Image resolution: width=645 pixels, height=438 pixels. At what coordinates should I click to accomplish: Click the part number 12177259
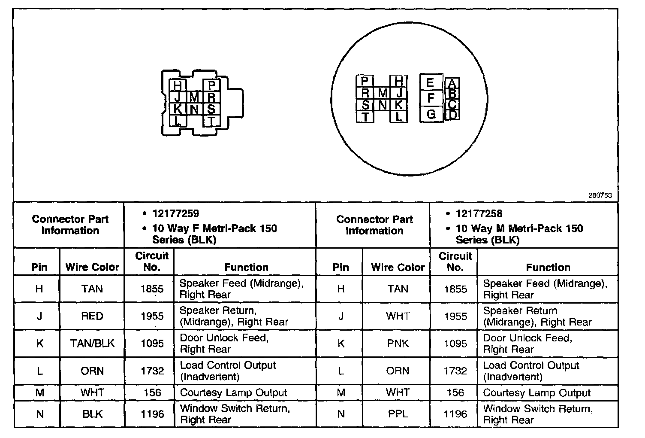tap(175, 213)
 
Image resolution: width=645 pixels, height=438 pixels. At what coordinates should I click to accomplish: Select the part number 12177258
tap(479, 213)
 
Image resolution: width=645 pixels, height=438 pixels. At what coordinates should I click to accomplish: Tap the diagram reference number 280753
tap(600, 195)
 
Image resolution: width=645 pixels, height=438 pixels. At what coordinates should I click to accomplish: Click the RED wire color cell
tap(92, 316)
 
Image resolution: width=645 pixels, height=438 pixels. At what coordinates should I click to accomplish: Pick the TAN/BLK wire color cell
tap(92, 344)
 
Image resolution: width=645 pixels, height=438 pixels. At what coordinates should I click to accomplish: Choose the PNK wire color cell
tap(398, 344)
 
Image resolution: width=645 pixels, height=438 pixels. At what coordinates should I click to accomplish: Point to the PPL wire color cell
tap(398, 414)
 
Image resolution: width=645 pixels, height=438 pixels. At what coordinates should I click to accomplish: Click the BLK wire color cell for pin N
tap(92, 414)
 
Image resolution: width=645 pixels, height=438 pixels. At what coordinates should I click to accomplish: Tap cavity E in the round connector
tap(431, 82)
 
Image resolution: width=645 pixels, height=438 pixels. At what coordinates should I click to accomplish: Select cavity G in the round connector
tap(431, 114)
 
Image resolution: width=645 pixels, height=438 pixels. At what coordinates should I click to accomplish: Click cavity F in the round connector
tap(431, 98)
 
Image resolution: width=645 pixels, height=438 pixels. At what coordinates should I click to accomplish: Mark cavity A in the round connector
tap(452, 83)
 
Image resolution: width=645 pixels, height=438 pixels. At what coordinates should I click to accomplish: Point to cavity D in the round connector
tap(452, 115)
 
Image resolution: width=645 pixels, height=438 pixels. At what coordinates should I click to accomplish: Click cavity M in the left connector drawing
tap(194, 97)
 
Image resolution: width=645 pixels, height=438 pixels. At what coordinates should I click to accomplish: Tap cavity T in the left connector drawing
tap(211, 122)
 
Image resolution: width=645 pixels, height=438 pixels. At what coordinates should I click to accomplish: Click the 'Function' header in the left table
tap(246, 267)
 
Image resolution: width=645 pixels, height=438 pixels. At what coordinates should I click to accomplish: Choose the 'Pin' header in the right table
tap(341, 267)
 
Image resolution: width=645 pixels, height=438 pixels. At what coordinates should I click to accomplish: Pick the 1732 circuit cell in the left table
tap(152, 371)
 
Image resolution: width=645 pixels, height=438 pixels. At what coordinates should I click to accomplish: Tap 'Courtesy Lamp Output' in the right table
tap(536, 393)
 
